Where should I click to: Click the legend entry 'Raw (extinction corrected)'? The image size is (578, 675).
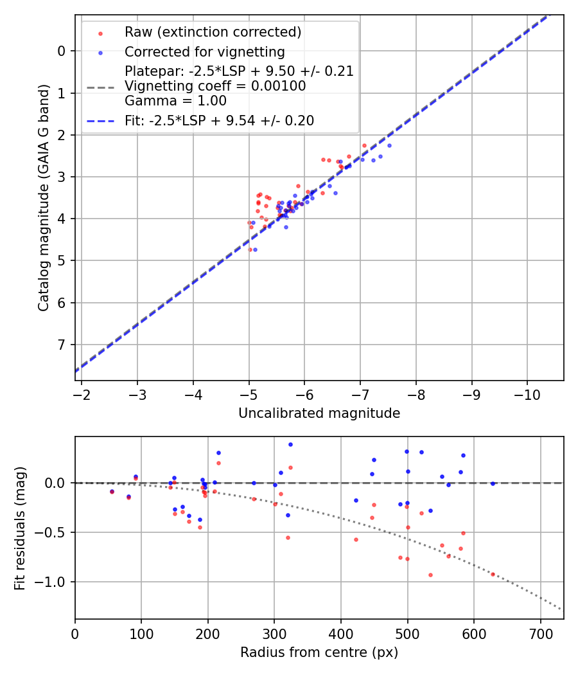click(x=213, y=32)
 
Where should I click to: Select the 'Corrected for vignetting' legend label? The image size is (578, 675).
click(x=204, y=51)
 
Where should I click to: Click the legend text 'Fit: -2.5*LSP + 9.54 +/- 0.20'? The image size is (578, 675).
click(x=219, y=120)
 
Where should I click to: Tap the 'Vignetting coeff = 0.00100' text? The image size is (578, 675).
click(x=215, y=86)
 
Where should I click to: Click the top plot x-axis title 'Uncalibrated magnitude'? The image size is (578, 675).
click(x=319, y=413)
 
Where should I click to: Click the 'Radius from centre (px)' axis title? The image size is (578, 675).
click(x=319, y=652)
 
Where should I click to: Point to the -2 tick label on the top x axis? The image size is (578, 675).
click(x=82, y=393)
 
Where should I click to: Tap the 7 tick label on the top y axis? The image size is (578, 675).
click(x=62, y=345)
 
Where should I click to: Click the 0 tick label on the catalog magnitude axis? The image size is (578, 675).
click(x=62, y=51)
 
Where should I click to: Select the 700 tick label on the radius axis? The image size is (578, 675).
click(x=540, y=632)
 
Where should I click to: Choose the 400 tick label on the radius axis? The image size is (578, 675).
click(x=341, y=632)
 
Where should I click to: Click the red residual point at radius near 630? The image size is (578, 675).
click(x=493, y=574)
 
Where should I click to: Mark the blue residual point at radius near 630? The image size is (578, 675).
click(x=493, y=483)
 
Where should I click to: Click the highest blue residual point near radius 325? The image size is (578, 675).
click(x=290, y=444)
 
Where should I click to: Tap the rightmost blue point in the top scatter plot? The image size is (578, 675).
click(x=389, y=145)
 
